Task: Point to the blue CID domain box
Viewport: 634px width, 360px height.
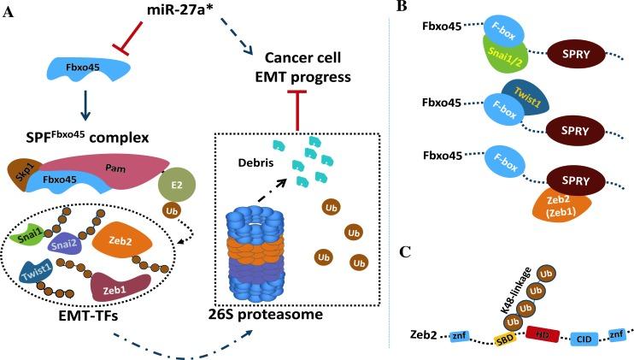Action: (x=559, y=340)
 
